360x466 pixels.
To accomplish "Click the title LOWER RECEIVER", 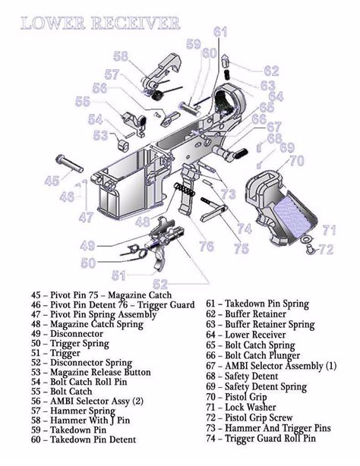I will click(x=100, y=24).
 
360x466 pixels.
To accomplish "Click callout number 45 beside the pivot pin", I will click(x=52, y=181).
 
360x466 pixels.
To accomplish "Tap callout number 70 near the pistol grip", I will click(x=296, y=161).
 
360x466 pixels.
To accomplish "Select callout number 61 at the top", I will click(x=220, y=32).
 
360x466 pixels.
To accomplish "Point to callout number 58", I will click(x=121, y=56).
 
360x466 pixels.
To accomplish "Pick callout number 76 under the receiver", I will click(x=206, y=246).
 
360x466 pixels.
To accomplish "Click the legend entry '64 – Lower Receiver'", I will click(x=247, y=334).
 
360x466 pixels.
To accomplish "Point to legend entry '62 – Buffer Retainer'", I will click(x=246, y=313).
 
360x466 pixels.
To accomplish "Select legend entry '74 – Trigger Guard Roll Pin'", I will click(x=261, y=438).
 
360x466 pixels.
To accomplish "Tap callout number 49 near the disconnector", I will click(x=88, y=245).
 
